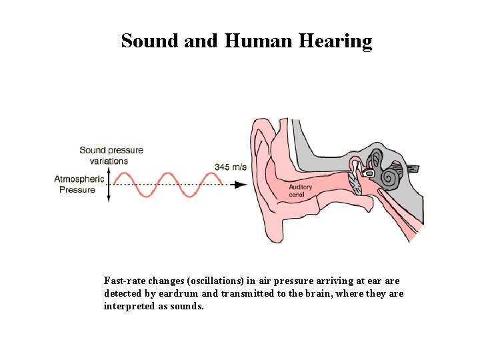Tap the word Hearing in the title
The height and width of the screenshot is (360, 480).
click(x=336, y=41)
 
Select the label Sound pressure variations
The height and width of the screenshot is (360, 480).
click(x=111, y=155)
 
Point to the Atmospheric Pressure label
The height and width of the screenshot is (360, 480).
click(x=79, y=184)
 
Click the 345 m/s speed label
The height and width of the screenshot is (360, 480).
click(x=230, y=167)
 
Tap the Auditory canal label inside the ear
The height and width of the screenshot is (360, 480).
click(x=300, y=191)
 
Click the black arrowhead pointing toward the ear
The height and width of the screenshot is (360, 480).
click(x=241, y=184)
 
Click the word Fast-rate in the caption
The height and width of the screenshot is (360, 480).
click(x=121, y=281)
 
